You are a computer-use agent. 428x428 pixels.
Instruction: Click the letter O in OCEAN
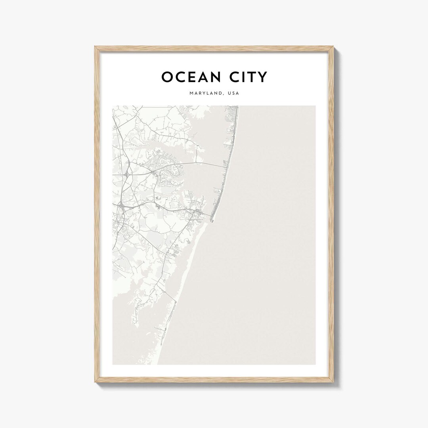[167, 77]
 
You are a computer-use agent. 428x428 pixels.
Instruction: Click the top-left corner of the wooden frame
[95, 47]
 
